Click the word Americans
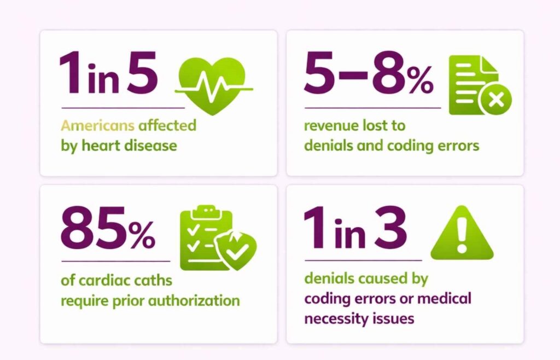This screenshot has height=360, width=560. pos(97,125)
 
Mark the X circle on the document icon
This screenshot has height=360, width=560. pos(495,100)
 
